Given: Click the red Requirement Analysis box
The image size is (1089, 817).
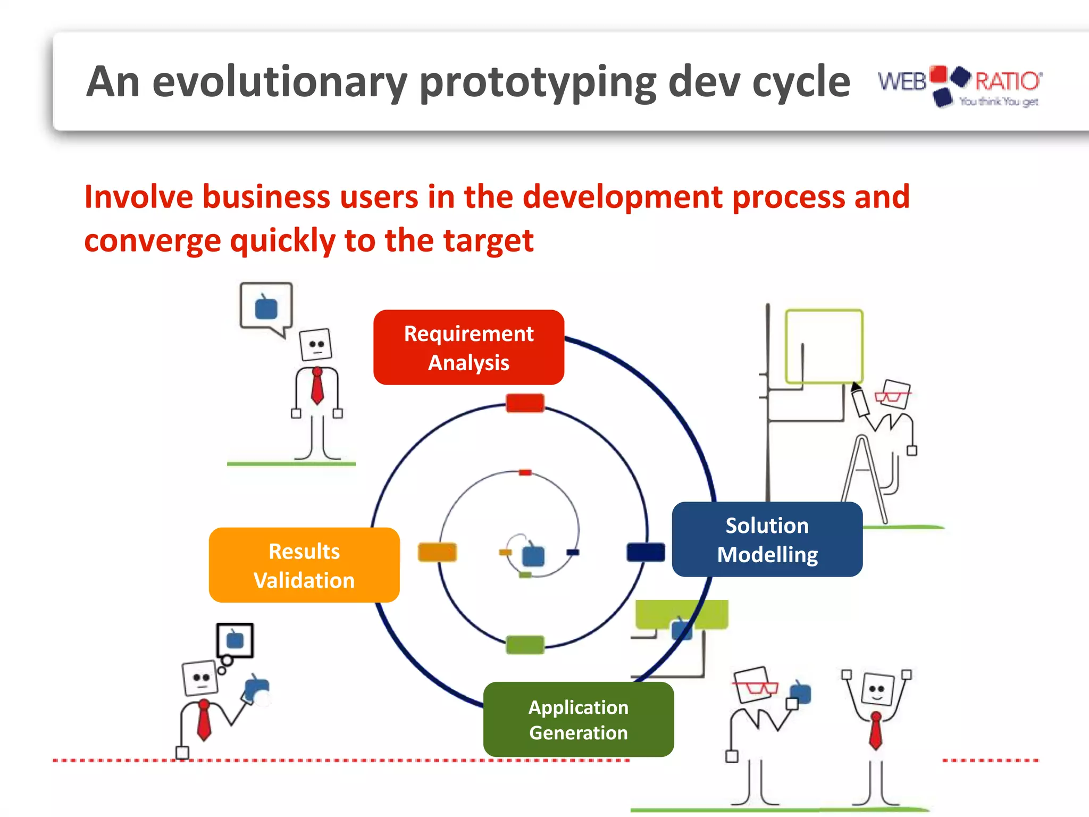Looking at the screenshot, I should click(468, 348).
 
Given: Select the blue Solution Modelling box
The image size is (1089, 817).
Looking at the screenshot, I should click(767, 539).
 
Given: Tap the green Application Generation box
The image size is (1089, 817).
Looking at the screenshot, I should click(579, 720).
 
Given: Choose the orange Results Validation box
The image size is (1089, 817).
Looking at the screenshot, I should click(304, 565).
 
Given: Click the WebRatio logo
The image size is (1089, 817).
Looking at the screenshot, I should click(960, 85).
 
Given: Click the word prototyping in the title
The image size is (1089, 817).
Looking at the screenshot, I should click(538, 82).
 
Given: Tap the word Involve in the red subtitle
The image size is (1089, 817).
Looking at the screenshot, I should click(138, 197).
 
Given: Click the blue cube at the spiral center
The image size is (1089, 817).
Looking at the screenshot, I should click(533, 556).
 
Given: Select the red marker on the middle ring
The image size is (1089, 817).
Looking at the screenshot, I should click(525, 403).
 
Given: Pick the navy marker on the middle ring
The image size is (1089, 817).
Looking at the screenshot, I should click(646, 552).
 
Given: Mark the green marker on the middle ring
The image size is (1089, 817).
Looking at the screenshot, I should click(525, 644).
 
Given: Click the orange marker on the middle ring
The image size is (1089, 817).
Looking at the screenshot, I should click(437, 552).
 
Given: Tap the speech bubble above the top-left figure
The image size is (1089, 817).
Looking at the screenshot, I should click(266, 306).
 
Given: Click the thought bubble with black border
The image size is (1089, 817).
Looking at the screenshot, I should click(235, 640).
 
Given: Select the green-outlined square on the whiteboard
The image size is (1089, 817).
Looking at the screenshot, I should click(824, 346).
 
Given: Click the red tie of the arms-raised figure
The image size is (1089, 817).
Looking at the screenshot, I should click(875, 731).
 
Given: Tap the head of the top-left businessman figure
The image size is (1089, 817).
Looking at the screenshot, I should click(316, 344).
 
